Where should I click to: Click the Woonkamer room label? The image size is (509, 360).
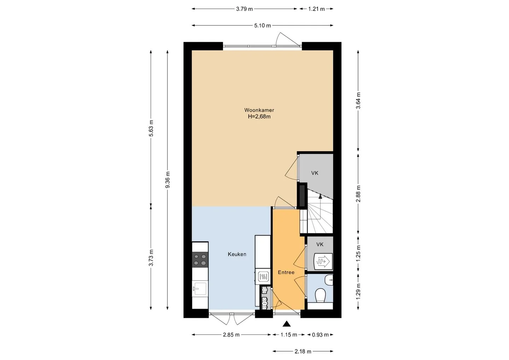tap(259, 110)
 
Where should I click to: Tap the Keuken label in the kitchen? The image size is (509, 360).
tap(237, 254)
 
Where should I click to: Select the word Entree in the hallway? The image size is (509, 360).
tap(286, 272)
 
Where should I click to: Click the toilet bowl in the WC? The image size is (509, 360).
tap(320, 295)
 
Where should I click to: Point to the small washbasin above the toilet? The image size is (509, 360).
tap(329, 280)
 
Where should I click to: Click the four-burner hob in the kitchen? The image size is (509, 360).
tap(200, 260)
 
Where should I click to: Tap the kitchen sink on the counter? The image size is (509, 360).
tap(200, 289)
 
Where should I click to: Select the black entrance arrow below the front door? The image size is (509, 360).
tap(287, 324)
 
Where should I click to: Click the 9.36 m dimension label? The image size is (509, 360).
tap(168, 180)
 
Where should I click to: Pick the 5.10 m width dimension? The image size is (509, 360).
tap(262, 25)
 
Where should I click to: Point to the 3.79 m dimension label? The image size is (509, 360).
tap(244, 9)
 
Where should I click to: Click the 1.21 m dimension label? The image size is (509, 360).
tap(316, 9)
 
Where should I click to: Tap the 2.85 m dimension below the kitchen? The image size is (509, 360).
tap(231, 335)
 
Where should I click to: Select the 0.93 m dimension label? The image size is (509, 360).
tap(320, 335)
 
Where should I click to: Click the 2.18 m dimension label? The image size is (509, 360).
tap(303, 352)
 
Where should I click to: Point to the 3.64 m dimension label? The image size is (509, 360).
tap(358, 101)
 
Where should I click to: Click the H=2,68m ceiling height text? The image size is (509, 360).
tap(259, 117)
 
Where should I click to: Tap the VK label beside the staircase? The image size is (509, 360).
tap(315, 173)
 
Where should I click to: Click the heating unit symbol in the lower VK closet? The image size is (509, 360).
tap(323, 261)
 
